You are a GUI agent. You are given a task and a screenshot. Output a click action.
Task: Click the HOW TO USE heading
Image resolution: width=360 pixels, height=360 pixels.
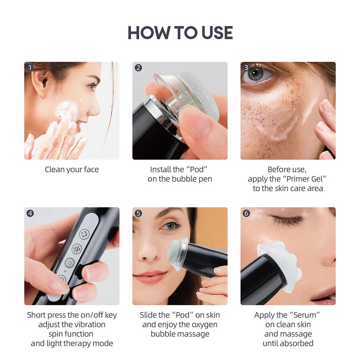click(x=180, y=33)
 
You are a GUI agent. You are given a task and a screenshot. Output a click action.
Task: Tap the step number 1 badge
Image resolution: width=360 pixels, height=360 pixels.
click(x=30, y=68)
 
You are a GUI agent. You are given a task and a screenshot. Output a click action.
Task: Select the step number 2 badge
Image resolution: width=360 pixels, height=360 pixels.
click(x=138, y=68)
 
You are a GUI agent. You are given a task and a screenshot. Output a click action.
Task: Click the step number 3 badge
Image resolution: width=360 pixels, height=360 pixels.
click(x=246, y=68)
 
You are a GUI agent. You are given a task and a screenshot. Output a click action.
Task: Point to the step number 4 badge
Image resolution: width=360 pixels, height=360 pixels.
click(x=30, y=213)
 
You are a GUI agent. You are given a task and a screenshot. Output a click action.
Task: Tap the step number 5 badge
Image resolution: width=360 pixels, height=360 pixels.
click(x=138, y=213)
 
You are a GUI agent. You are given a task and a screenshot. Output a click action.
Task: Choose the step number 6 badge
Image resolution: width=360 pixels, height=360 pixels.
click(x=246, y=213)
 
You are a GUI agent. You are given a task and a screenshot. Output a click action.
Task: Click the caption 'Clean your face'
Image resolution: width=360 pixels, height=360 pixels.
click(x=72, y=170)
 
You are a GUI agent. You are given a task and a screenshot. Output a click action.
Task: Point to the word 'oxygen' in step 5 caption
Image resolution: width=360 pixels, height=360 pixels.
click(x=204, y=324)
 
